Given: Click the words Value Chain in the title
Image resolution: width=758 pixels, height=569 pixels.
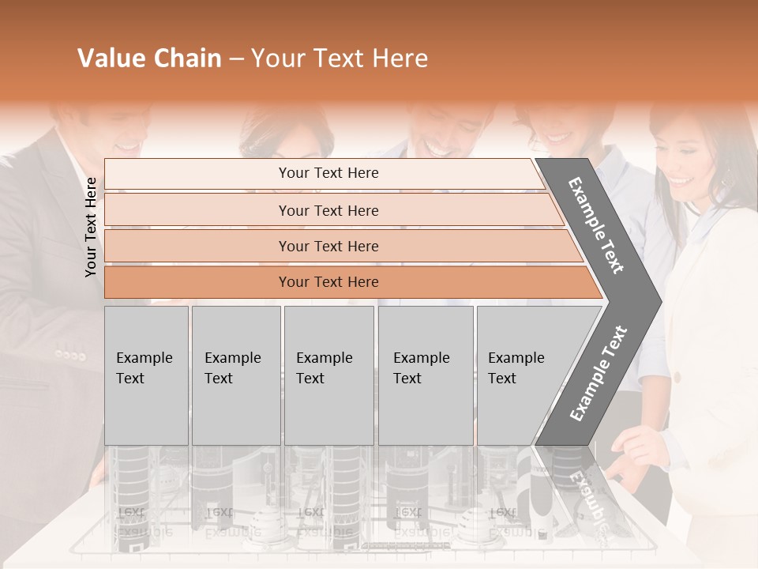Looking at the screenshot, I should [149, 58].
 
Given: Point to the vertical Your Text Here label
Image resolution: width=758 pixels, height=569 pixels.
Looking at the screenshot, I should [91, 227].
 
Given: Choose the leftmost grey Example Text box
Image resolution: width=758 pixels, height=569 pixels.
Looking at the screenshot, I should [146, 375].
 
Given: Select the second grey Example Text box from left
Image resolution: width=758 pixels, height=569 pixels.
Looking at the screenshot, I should [235, 375].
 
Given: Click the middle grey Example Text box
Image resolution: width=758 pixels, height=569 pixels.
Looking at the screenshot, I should [328, 375].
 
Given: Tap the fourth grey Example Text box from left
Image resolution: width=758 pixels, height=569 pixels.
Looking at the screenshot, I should [426, 375].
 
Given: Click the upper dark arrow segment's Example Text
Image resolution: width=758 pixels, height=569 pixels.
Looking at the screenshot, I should [596, 226].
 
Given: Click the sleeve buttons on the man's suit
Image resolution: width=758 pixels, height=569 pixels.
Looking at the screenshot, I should [69, 355].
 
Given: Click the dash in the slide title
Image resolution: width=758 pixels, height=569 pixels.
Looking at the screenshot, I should [236, 59].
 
